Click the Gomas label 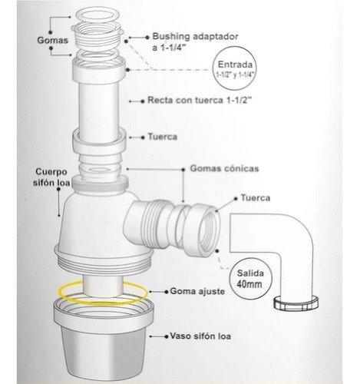tap(53, 40)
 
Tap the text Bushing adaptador tap(195, 37)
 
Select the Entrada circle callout tap(234, 68)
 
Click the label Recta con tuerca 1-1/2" tap(200, 100)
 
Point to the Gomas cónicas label tap(224, 168)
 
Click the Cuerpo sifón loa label tap(51, 177)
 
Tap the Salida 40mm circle tap(250, 279)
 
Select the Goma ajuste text tap(197, 291)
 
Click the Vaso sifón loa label tap(200, 336)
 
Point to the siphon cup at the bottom tap(104, 340)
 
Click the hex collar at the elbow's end tap(296, 303)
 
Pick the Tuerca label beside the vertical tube tap(163, 137)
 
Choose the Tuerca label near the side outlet tap(255, 198)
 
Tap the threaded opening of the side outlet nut tap(208, 233)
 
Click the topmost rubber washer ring tap(98, 14)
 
